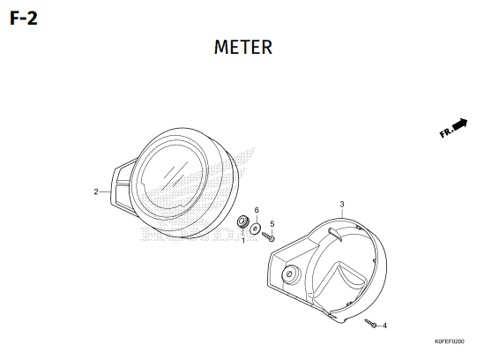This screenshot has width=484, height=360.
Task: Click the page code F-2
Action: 24,18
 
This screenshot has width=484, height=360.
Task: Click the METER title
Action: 243,47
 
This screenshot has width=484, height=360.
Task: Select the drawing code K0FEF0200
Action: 449,341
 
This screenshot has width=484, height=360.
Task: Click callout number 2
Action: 96,191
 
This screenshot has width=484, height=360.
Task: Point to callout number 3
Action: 342,204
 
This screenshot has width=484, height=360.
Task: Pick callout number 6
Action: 257,210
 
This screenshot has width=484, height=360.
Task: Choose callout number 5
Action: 272,223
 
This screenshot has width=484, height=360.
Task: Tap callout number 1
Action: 243,240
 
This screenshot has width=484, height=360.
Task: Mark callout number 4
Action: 384,326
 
